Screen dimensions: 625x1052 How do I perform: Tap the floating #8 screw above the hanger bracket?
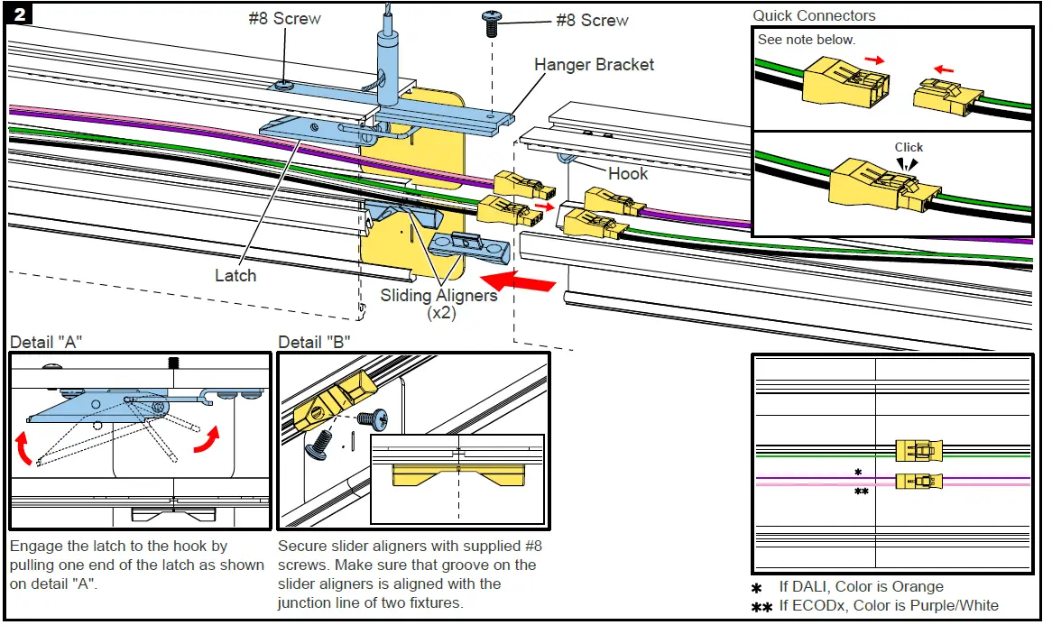(x=493, y=22)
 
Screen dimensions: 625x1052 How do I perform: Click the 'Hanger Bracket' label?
(x=594, y=65)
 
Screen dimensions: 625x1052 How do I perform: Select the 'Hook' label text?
(x=627, y=173)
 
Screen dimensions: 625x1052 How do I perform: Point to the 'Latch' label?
(x=235, y=276)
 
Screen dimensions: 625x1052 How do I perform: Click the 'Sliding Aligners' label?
(x=438, y=295)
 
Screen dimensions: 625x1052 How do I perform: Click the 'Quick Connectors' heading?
(x=814, y=15)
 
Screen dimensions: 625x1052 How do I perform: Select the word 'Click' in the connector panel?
(x=909, y=147)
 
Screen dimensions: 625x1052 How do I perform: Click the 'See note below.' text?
(x=806, y=40)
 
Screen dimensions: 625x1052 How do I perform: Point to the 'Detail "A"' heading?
(x=48, y=343)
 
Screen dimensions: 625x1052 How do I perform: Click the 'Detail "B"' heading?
(x=315, y=343)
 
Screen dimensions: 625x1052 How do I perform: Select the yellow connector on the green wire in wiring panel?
(x=918, y=451)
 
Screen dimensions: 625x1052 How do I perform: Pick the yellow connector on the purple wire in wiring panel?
(x=918, y=480)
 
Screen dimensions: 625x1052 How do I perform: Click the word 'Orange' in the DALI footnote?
(x=917, y=587)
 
